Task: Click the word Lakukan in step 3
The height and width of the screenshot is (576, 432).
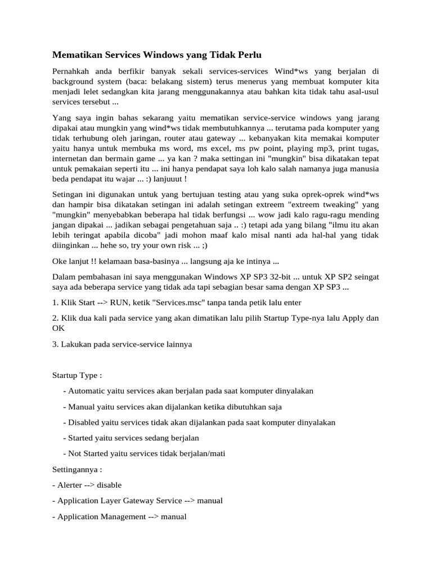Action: click(x=74, y=344)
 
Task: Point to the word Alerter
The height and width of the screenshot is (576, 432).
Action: click(x=70, y=485)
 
